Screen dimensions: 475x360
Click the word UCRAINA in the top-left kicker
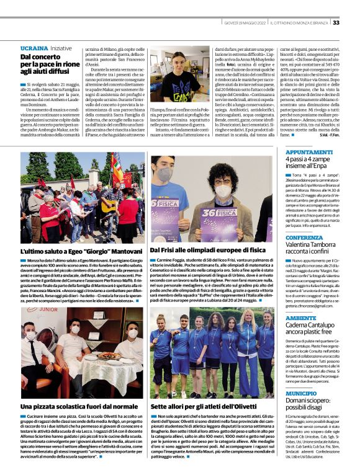pyautogui.click(x=34, y=48)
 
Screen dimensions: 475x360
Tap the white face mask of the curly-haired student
pyautogui.click(x=223, y=191)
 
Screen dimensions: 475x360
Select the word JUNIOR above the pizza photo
pyautogui.click(x=48, y=309)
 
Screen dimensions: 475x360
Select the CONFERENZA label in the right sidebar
pyautogui.click(x=304, y=238)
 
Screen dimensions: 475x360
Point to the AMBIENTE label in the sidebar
pyautogui.click(x=300, y=317)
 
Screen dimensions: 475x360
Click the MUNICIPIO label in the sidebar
pyautogui.click(x=301, y=393)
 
